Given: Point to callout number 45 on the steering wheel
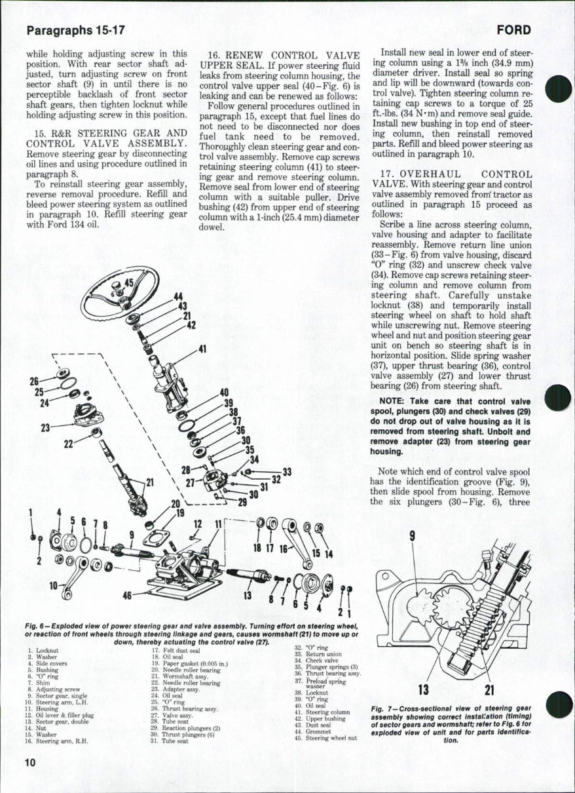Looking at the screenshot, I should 129,284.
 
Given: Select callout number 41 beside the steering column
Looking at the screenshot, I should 202,349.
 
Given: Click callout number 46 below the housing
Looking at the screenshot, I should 128,596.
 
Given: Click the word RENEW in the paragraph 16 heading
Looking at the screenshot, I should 246,55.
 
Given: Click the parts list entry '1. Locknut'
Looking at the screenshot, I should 43,650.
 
